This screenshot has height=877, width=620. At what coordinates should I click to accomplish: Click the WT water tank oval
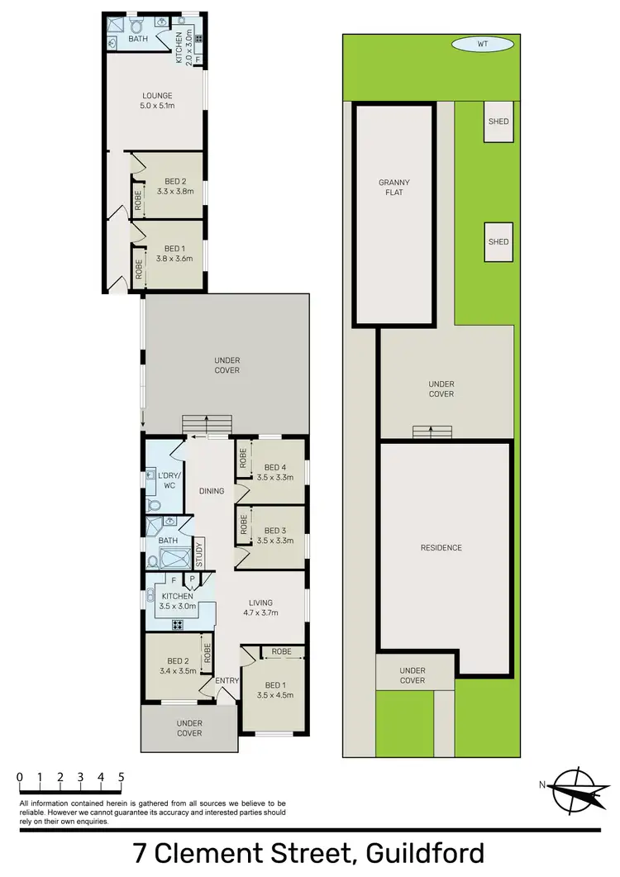coord(483,45)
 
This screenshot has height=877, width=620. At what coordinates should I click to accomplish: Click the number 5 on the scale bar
coord(122,777)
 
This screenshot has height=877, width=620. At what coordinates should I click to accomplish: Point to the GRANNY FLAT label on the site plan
coord(394,188)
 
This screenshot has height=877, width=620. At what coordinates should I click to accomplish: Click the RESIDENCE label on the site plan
coord(441,548)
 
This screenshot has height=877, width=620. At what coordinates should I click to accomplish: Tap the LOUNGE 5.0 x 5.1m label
coord(156,101)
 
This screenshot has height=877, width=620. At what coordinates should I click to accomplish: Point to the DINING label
coord(212,492)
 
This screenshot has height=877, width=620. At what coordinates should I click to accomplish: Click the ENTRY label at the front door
coord(227,680)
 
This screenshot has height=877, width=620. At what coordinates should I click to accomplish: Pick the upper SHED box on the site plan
coord(498,122)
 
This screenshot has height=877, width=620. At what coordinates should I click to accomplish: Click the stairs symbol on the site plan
coord(434,431)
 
